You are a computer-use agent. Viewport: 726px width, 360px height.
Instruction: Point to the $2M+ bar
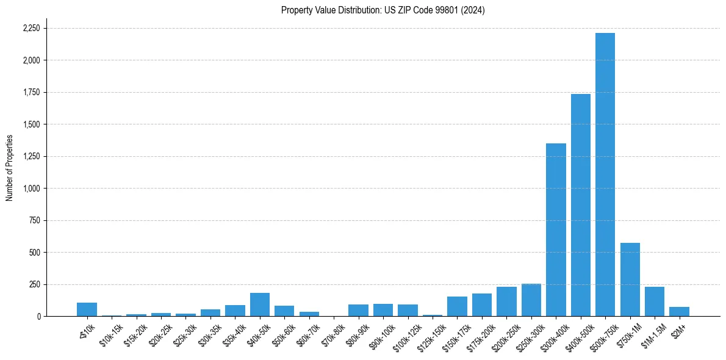click(679, 312)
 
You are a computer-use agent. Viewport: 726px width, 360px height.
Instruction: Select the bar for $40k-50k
click(260, 304)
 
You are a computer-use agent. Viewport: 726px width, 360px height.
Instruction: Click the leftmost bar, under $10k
click(87, 309)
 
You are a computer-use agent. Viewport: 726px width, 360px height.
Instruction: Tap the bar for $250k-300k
click(531, 300)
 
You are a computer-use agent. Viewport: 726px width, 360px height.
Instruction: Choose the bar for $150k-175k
click(457, 306)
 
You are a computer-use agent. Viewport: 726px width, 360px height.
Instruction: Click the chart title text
click(383, 10)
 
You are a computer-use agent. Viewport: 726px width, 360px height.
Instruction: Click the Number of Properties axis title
click(10, 167)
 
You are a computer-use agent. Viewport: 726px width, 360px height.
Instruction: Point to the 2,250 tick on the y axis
click(31, 29)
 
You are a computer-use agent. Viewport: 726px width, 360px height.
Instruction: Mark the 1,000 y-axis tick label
click(31, 189)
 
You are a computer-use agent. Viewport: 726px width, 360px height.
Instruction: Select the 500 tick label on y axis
click(35, 253)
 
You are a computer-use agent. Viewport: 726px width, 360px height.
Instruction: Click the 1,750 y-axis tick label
click(31, 93)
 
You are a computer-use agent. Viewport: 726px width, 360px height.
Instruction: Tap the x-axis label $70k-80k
click(332, 334)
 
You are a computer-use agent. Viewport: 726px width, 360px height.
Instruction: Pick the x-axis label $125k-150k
click(429, 336)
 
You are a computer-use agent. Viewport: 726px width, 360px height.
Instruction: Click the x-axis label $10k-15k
click(110, 334)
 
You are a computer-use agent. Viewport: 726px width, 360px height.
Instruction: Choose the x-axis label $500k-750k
click(602, 336)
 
